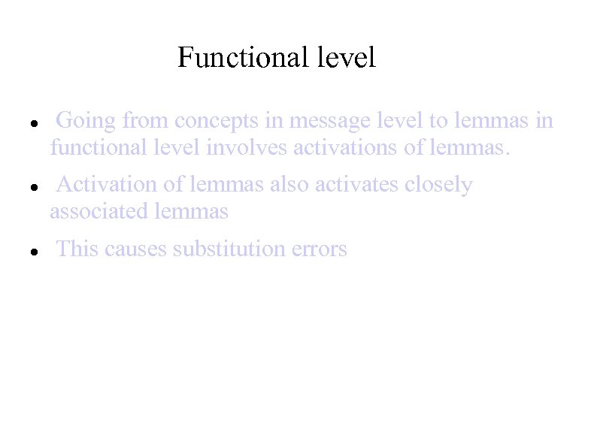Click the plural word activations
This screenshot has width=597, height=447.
(x=346, y=148)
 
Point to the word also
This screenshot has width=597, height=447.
(x=289, y=185)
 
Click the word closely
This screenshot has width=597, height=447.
(x=439, y=185)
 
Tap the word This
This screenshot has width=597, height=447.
(x=77, y=249)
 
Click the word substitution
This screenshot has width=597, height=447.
(x=229, y=249)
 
